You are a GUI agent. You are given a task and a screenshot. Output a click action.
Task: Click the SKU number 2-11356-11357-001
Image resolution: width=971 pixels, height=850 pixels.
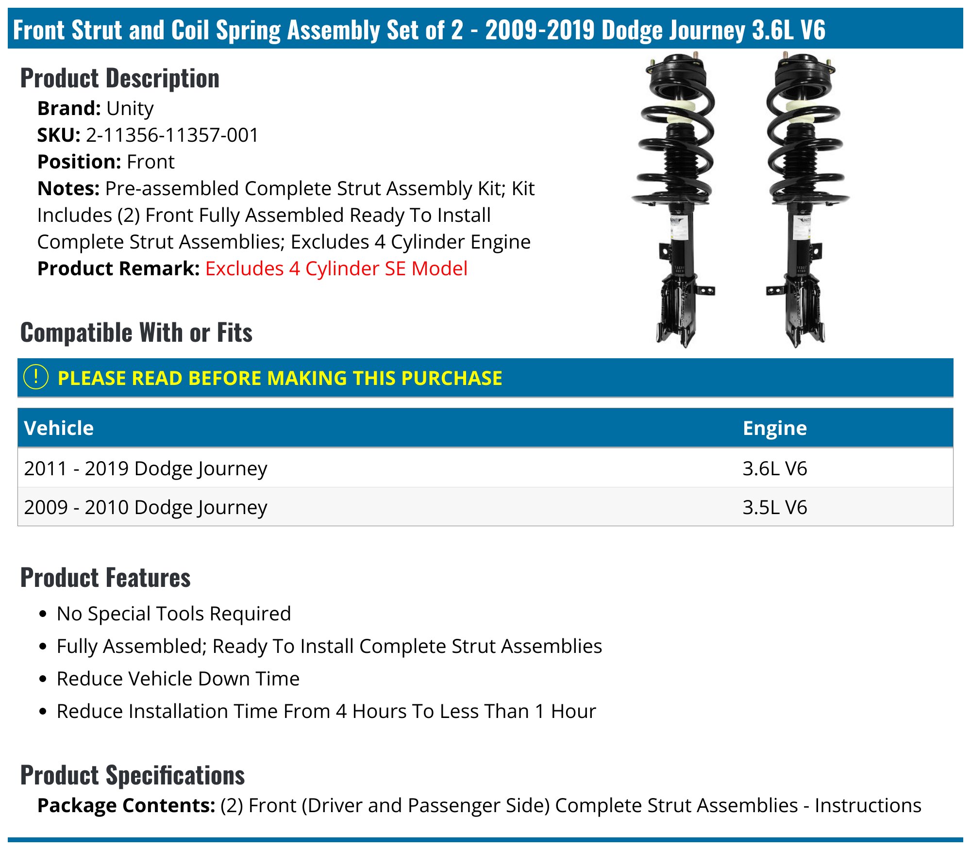coord(172,135)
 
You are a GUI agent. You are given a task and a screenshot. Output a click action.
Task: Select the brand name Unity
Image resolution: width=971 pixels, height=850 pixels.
coord(130,108)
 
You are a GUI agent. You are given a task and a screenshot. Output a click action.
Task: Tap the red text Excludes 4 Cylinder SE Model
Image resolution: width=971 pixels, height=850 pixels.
coord(336,268)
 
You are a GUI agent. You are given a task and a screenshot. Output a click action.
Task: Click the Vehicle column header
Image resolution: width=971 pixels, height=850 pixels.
coord(59,428)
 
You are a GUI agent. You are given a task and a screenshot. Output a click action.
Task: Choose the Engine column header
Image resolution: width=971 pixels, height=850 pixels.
coord(774,428)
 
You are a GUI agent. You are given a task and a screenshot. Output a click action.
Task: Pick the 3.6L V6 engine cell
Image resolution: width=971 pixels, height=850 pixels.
coord(774,468)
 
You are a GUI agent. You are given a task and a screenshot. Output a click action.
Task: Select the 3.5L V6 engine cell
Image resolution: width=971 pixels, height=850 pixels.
coord(774,507)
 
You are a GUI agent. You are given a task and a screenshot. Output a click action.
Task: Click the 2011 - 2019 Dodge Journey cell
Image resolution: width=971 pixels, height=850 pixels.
coord(146,468)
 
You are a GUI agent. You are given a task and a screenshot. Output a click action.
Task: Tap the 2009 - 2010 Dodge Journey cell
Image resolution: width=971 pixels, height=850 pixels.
coord(146,507)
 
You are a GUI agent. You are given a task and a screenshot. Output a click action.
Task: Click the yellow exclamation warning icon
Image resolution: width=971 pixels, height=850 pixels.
coord(36,377)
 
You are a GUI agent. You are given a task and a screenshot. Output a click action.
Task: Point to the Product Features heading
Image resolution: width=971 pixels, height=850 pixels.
coord(105,578)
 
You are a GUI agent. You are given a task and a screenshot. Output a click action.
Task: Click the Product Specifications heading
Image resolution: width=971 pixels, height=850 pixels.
coord(133,775)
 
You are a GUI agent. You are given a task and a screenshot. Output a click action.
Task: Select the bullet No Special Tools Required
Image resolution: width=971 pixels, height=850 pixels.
coord(174,614)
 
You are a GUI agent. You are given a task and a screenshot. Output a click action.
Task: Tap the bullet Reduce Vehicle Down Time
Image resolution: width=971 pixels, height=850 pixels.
coord(178,679)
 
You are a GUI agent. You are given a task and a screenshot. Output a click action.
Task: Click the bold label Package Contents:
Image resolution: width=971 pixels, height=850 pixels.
coord(126,805)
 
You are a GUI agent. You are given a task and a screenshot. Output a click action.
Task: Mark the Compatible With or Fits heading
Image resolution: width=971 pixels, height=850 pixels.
coord(136,333)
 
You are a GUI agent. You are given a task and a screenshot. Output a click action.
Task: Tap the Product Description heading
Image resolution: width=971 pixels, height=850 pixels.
coord(120,78)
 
